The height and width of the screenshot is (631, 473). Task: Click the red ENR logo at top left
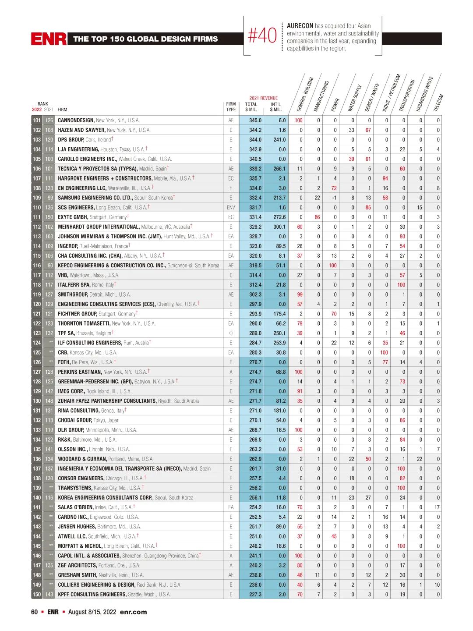click(x=49, y=39)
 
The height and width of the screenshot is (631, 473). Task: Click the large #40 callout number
click(x=262, y=36)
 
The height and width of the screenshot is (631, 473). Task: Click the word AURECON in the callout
click(x=300, y=26)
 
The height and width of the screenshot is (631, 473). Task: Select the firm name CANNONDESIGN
click(x=76, y=120)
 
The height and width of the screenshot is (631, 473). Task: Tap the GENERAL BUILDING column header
click(x=305, y=94)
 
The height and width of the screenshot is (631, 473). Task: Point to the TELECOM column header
click(x=438, y=103)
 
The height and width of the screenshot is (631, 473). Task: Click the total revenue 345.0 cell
click(x=255, y=120)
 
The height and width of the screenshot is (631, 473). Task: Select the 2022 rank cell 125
click(x=37, y=352)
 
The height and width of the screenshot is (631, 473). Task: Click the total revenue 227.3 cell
click(x=255, y=594)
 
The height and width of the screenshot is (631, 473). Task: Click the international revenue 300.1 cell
click(x=279, y=227)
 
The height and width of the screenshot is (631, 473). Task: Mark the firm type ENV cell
click(x=231, y=207)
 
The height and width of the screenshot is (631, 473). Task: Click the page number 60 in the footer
click(x=34, y=612)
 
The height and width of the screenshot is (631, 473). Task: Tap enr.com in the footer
click(x=133, y=612)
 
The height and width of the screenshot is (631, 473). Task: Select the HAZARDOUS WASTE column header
click(x=424, y=93)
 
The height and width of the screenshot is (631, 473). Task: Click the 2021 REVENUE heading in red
click(x=264, y=98)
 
